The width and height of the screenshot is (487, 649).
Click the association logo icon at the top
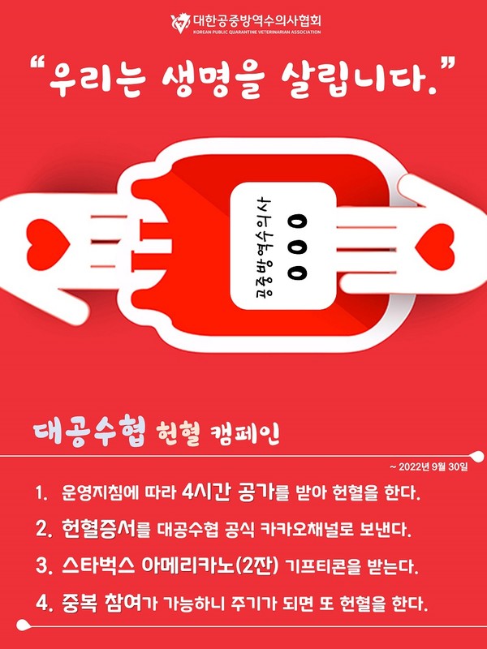point(179,23)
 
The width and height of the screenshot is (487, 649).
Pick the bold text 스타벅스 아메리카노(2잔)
point(170,566)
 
